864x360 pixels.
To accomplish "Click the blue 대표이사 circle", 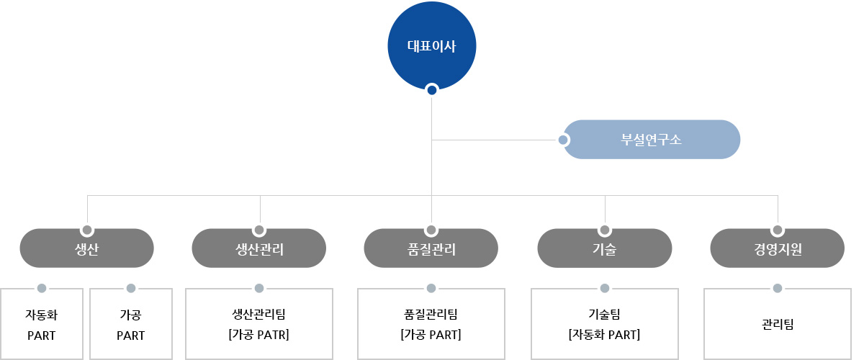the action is (x=431, y=45).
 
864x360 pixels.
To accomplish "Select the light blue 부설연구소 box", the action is (x=652, y=139).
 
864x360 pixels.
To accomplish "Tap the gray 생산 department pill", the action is (x=87, y=248).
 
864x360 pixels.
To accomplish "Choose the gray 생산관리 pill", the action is (x=258, y=248).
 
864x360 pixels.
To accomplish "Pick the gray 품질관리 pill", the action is (x=431, y=248).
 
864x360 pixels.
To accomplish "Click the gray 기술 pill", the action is (x=604, y=248).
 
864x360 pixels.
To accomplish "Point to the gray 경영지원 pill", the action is (x=777, y=248).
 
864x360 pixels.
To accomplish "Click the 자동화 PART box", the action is (x=42, y=324).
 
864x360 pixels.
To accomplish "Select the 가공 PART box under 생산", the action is (x=131, y=324).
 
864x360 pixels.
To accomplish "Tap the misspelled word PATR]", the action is (x=273, y=335).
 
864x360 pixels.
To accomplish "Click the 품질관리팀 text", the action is (x=431, y=314).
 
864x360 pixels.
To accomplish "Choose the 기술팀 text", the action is (x=604, y=314).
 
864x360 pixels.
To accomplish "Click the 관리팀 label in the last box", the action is (x=778, y=324).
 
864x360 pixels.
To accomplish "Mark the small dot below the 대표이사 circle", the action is (x=432, y=90).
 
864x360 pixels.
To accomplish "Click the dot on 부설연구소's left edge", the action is (x=563, y=140).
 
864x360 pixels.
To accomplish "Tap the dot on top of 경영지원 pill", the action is (x=778, y=230).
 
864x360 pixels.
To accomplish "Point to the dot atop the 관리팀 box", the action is (x=778, y=288).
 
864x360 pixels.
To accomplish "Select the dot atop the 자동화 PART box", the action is (x=42, y=288).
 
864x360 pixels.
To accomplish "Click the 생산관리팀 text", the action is (x=258, y=314).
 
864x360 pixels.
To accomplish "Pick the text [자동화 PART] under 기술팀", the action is (x=604, y=335).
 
